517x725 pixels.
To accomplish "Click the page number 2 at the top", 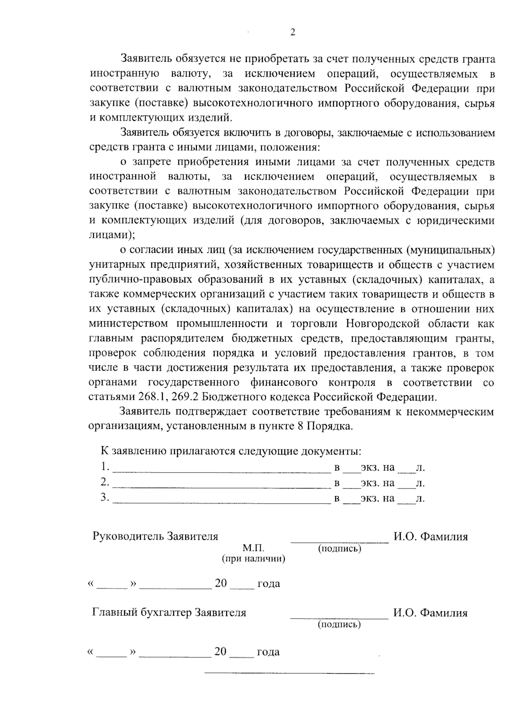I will tap(293, 33).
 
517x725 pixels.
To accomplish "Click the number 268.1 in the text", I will tap(150, 397).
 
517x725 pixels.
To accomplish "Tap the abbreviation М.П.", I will tap(253, 548).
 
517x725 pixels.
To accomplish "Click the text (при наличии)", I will tap(253, 559).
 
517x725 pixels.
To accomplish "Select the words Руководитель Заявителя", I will tap(156, 537).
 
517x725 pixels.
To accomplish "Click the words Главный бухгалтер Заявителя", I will tap(169, 613).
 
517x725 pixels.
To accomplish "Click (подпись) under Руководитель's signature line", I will tap(339, 548).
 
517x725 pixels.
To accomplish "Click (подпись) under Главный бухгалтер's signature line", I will tap(339, 624).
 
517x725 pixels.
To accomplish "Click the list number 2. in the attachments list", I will tap(105, 482).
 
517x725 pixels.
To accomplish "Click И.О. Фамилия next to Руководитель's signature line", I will tap(430, 537).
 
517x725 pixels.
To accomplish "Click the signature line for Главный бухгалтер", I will tap(339, 617).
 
